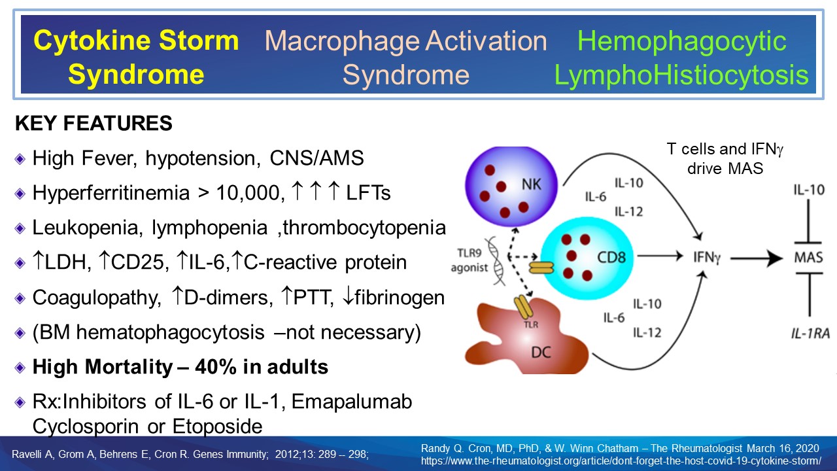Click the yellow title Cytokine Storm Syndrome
click(x=136, y=58)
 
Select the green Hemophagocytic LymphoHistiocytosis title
click(x=681, y=58)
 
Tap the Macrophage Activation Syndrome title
click(x=406, y=58)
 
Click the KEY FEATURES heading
click(x=94, y=123)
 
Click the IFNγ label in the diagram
click(x=708, y=258)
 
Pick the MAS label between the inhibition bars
click(x=808, y=258)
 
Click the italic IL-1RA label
click(x=808, y=333)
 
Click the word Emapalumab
click(x=352, y=401)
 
